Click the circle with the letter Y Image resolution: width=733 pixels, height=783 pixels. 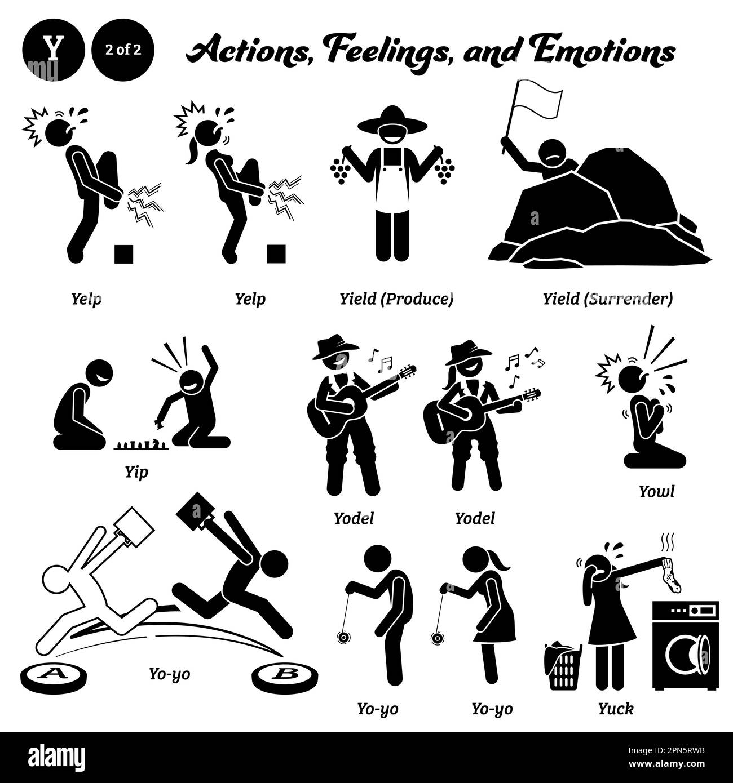(x=54, y=50)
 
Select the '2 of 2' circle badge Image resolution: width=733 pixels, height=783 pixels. (x=123, y=50)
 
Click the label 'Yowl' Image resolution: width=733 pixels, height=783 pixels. (x=656, y=491)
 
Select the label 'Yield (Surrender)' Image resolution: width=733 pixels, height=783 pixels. (x=607, y=299)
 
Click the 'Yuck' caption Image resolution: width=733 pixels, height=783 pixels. (x=617, y=708)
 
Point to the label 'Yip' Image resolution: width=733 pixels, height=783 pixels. (x=136, y=471)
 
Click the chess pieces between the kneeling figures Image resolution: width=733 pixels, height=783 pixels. (x=142, y=446)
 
